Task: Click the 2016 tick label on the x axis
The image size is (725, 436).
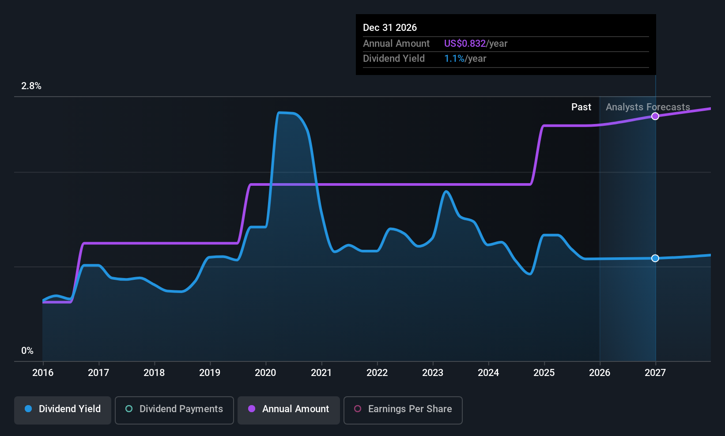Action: (x=43, y=372)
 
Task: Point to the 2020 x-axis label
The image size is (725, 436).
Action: (x=265, y=372)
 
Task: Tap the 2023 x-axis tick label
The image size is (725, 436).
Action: (x=433, y=372)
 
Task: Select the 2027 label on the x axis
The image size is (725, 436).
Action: (x=655, y=372)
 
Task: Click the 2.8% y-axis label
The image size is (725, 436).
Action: (x=31, y=86)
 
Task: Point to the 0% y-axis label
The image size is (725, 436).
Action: (x=27, y=351)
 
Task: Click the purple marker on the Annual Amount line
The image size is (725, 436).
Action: (x=655, y=116)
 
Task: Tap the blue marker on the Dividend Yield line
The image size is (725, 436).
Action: (x=655, y=258)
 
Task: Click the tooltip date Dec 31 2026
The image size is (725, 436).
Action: (x=390, y=27)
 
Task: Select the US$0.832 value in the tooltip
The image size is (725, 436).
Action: (x=465, y=43)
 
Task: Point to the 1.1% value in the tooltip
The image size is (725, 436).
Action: (x=454, y=59)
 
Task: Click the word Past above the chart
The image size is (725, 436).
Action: (x=582, y=107)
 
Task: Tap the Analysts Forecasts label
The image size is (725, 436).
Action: (x=648, y=107)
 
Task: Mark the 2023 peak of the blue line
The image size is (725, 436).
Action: (x=446, y=192)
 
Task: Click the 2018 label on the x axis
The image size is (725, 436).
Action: (x=154, y=372)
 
